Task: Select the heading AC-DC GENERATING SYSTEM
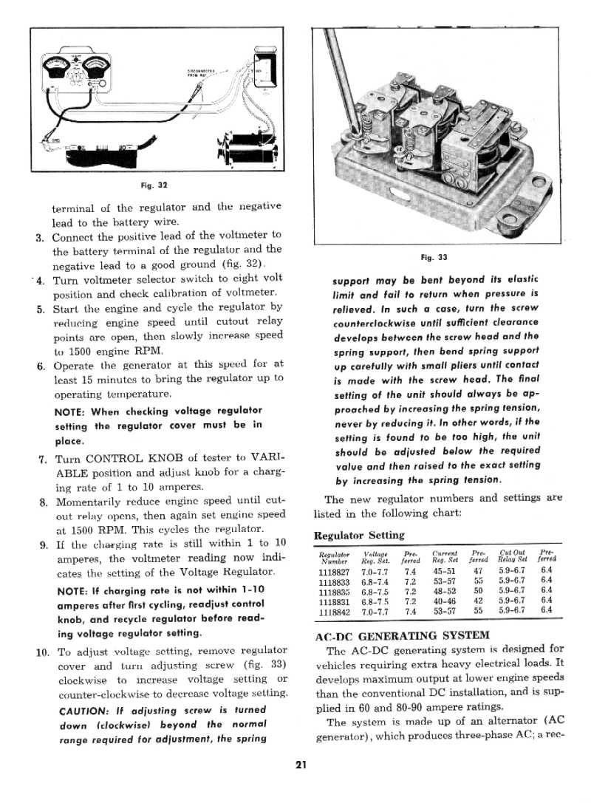point(401,635)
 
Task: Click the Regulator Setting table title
point(359,535)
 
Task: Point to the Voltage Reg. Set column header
point(377,556)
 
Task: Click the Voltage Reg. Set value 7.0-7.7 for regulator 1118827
point(377,571)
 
